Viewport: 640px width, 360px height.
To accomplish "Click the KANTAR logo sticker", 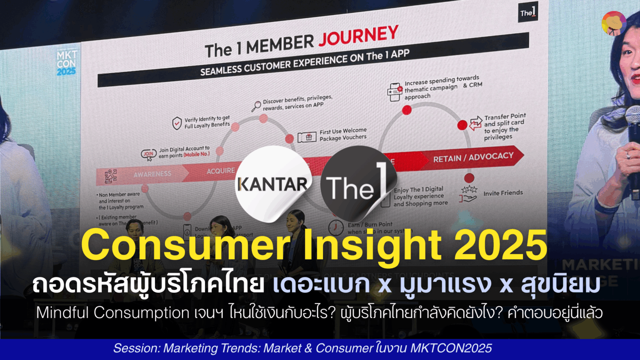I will pyautogui.click(x=273, y=183).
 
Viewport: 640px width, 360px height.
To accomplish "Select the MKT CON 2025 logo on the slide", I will pyautogui.click(x=66, y=63).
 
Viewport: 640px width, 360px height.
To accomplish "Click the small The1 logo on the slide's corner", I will pyautogui.click(x=527, y=13).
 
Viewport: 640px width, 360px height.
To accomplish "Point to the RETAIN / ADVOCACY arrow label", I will pyautogui.click(x=473, y=158).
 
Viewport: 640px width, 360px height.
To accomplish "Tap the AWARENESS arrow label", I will pyautogui.click(x=152, y=174).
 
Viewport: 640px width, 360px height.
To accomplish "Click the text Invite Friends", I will pyautogui.click(x=503, y=193).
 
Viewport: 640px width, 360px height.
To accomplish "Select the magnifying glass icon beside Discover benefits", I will pyautogui.click(x=256, y=106).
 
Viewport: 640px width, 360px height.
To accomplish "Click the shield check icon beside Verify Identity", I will pyautogui.click(x=177, y=123).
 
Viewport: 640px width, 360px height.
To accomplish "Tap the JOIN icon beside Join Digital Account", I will pyautogui.click(x=149, y=155).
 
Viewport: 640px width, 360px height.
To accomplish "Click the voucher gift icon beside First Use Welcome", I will pyautogui.click(x=307, y=137).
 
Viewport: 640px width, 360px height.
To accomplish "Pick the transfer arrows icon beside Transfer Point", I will pyautogui.click(x=475, y=124).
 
